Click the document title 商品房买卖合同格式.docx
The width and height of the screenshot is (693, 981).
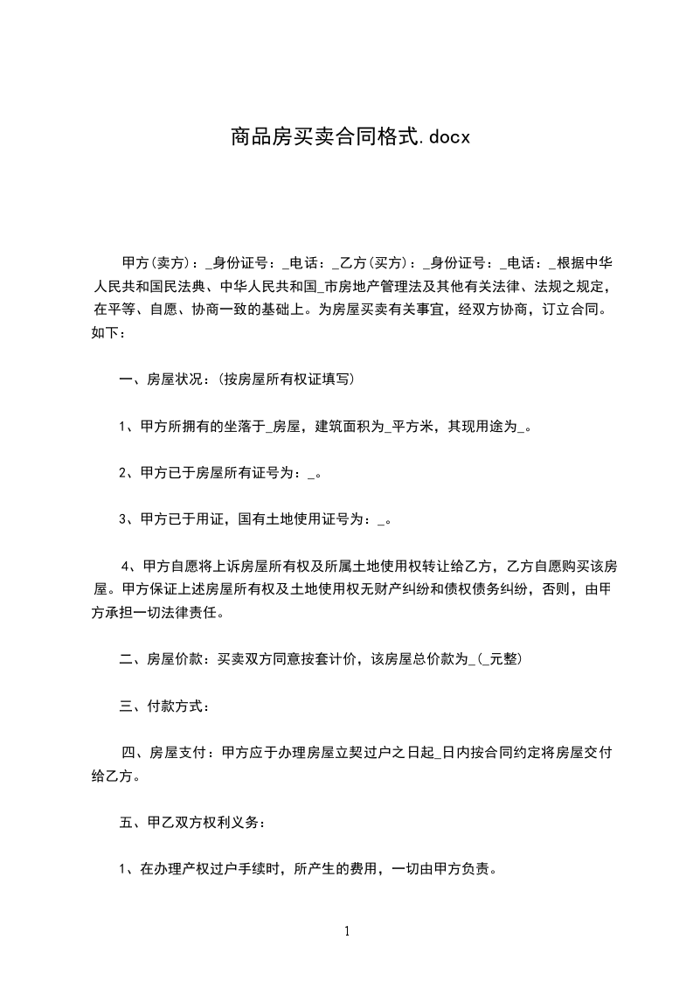tap(350, 136)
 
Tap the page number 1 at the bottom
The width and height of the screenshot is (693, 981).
tap(347, 932)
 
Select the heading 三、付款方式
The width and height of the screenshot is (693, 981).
tap(163, 706)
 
